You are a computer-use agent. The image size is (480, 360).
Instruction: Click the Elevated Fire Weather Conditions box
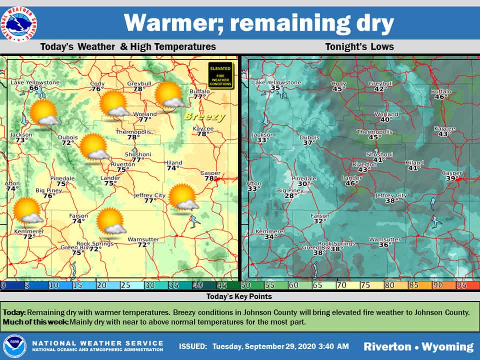point(220,75)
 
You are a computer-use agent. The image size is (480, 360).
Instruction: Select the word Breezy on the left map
point(204,117)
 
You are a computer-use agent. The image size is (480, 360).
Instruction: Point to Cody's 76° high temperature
point(97,89)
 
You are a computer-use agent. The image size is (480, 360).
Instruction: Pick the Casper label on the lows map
point(452,173)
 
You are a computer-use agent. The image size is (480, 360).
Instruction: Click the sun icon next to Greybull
point(168,95)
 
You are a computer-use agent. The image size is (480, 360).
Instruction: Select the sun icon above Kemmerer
point(27,210)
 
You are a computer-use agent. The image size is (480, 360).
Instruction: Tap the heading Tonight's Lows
point(359,47)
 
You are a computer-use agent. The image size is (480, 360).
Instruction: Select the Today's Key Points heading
point(240,296)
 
